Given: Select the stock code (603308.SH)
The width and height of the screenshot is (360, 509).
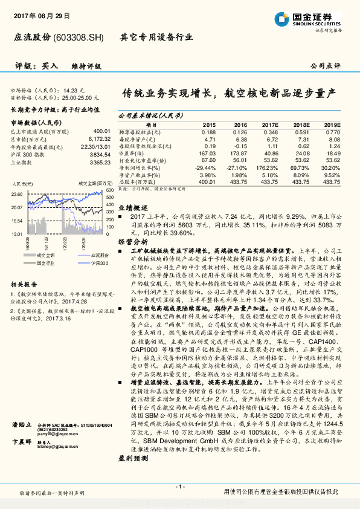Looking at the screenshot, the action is [79, 37].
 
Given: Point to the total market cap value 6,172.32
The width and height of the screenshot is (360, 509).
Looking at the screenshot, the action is [99, 138].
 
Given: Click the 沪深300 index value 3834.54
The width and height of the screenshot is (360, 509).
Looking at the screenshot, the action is [100, 154].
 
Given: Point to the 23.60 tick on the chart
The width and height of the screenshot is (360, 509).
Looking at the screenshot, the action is [16, 194].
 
